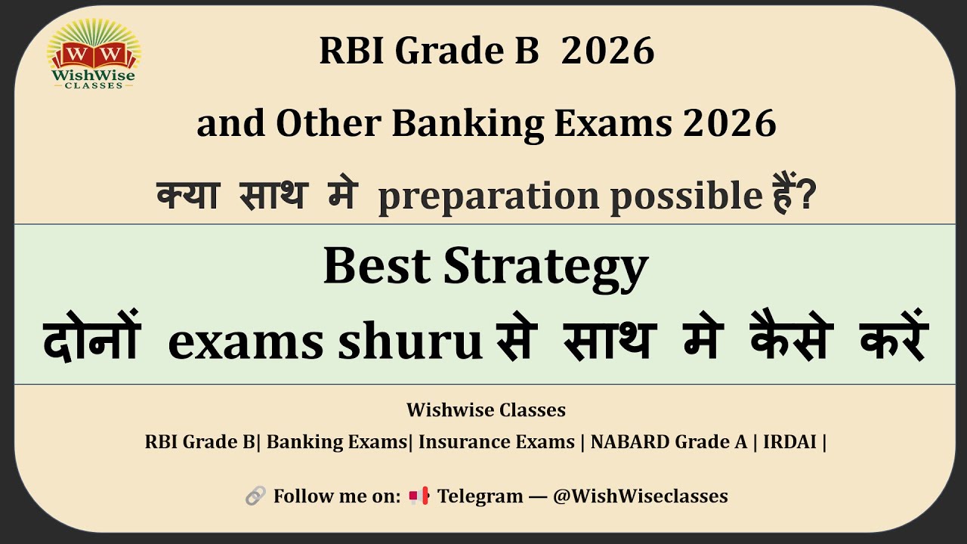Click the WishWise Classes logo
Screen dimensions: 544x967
(x=93, y=54)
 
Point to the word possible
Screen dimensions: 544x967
(x=684, y=196)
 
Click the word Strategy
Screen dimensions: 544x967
(x=545, y=267)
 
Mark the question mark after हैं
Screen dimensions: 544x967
(x=808, y=198)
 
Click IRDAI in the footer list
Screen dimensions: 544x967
(x=789, y=442)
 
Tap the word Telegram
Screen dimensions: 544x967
(x=480, y=496)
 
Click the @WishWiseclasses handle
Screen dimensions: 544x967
(x=640, y=496)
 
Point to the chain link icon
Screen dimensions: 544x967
(x=255, y=496)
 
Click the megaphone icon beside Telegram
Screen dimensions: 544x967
(x=419, y=496)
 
